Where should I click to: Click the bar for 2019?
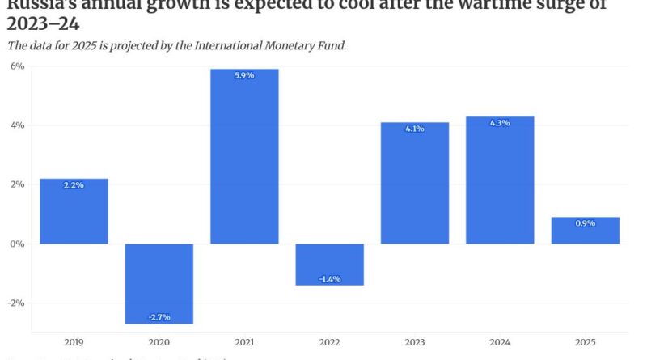74,211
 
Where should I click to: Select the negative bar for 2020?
159,283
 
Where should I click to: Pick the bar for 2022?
329,264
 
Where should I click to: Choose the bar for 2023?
415,183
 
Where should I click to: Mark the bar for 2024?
500,180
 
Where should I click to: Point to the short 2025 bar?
585,230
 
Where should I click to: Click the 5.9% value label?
244,75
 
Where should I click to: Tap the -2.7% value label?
159,316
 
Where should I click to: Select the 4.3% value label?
500,123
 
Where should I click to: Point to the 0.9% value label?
585,223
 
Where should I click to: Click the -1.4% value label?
329,278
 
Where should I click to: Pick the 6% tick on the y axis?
17,66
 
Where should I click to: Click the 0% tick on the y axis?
17,244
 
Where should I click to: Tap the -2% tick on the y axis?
15,303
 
